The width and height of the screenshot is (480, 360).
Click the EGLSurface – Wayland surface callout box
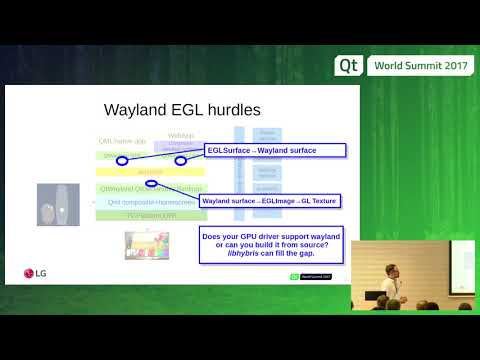click(x=275, y=150)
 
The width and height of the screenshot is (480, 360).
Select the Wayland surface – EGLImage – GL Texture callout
click(x=269, y=201)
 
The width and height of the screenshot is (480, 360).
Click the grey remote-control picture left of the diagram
click(x=57, y=209)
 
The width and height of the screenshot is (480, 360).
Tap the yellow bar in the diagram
click(x=150, y=172)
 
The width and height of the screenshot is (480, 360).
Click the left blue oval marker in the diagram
click(x=122, y=159)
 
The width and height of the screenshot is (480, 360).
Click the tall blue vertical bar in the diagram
click(x=238, y=165)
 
